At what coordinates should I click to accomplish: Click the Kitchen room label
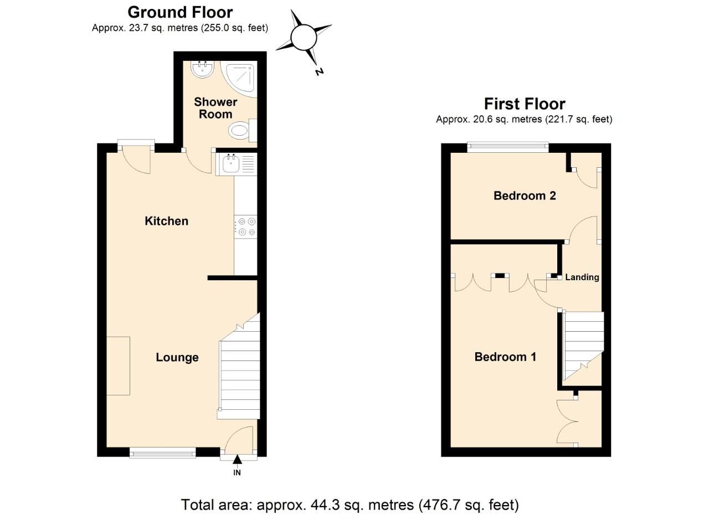pyautogui.click(x=166, y=221)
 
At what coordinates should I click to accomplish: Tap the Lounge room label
pyautogui.click(x=177, y=357)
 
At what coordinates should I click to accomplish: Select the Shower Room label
pyautogui.click(x=215, y=108)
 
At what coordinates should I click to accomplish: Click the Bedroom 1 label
pyautogui.click(x=505, y=357)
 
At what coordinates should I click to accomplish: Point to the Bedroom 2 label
pyautogui.click(x=525, y=195)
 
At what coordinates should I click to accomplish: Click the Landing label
pyautogui.click(x=582, y=277)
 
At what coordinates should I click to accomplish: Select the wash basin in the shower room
pyautogui.click(x=203, y=69)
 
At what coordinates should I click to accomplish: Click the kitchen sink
pyautogui.click(x=230, y=163)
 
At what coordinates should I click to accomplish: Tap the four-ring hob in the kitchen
pyautogui.click(x=246, y=228)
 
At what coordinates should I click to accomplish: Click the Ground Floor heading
pyautogui.click(x=180, y=12)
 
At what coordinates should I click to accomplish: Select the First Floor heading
pyautogui.click(x=524, y=104)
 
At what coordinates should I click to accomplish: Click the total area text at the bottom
pyautogui.click(x=350, y=504)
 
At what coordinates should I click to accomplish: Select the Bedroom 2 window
pyautogui.click(x=507, y=147)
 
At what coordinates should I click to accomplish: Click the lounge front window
pyautogui.click(x=162, y=453)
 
